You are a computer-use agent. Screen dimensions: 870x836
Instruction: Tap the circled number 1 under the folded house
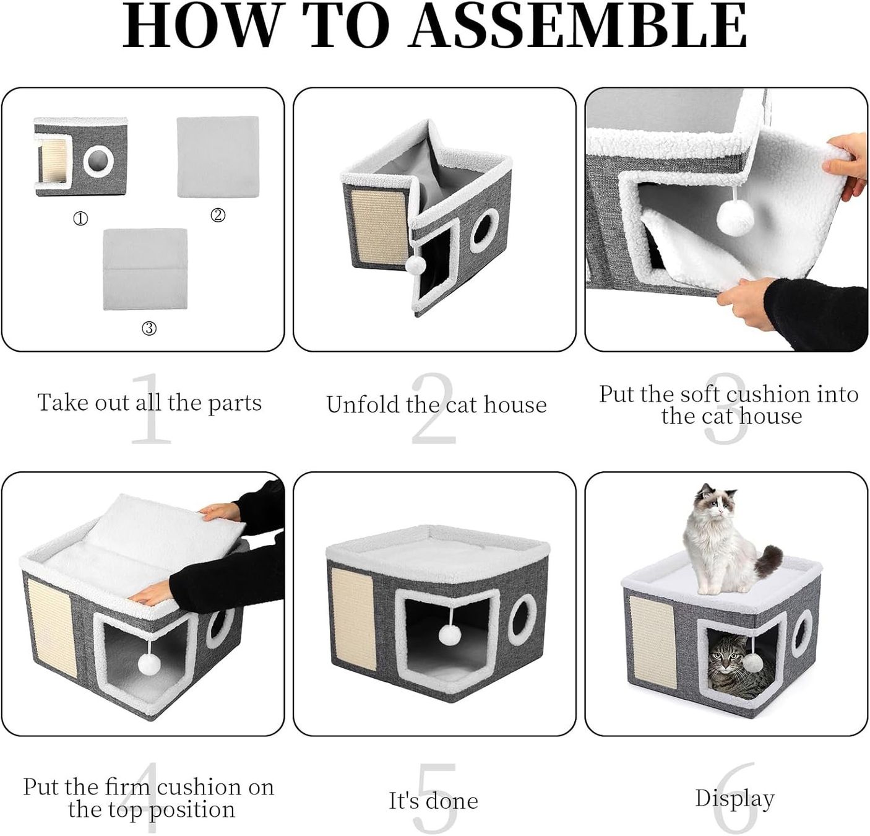coord(80,219)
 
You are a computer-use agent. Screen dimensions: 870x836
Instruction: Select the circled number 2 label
coord(217,216)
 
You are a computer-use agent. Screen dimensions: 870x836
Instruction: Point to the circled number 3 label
coord(149,328)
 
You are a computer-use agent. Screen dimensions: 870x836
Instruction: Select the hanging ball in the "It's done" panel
coord(450,634)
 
